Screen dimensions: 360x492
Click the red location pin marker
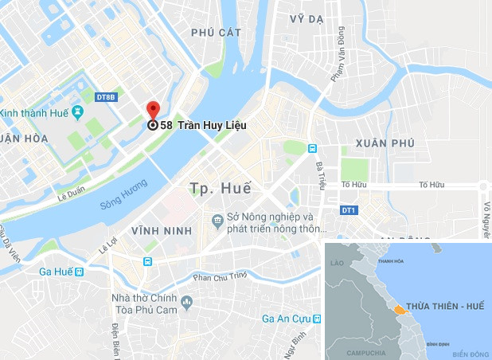[153, 111]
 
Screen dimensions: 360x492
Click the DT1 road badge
[347, 210]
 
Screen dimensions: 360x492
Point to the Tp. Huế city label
[221, 189]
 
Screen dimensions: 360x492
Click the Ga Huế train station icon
[79, 272]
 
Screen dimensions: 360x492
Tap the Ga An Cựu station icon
[317, 319]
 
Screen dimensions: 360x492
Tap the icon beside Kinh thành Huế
[77, 111]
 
